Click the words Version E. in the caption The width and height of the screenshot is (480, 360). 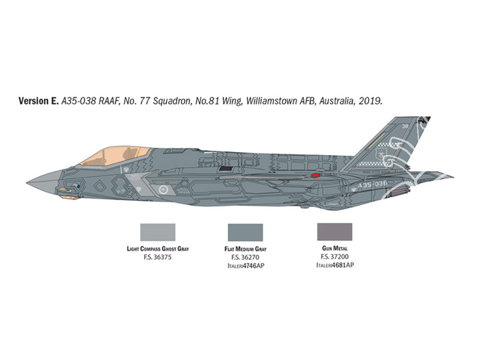(x=38, y=101)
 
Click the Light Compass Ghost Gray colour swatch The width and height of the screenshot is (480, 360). (x=157, y=232)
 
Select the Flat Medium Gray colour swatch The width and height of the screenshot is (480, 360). (x=245, y=232)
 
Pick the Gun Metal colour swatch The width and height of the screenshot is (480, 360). (x=335, y=232)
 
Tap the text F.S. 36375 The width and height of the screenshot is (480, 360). (x=157, y=257)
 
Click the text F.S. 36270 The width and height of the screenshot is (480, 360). (x=245, y=257)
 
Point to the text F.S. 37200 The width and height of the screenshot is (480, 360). (x=335, y=256)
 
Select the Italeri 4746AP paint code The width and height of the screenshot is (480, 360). (x=245, y=265)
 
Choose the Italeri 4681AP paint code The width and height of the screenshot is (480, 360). (x=335, y=265)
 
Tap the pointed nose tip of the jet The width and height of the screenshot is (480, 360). (x=27, y=183)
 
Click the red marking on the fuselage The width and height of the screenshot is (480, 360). (x=316, y=175)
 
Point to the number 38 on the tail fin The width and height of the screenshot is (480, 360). (x=405, y=126)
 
